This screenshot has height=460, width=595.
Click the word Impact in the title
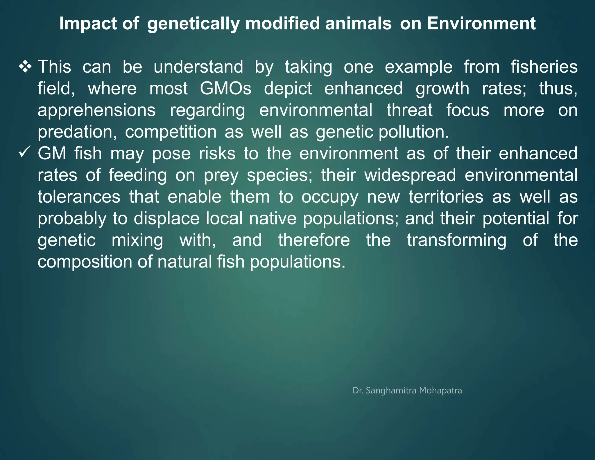pos(88,23)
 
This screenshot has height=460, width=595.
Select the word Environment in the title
pos(481,23)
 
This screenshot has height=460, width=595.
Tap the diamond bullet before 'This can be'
pos(25,67)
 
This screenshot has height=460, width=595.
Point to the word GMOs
pos(225,88)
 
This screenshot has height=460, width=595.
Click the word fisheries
pos(544,67)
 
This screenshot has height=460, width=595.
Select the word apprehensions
pos(96,110)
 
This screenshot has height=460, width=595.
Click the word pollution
pos(414,132)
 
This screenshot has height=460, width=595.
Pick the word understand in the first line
pos(198,67)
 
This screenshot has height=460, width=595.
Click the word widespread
pos(410,175)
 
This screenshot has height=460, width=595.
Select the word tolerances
pos(79,197)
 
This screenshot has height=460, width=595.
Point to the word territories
pos(446,197)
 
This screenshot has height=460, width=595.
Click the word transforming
pos(456,240)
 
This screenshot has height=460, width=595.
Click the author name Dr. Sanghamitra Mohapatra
pos(407,390)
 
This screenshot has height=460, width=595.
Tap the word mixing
pos(137,240)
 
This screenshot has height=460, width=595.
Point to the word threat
pos(409,110)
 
